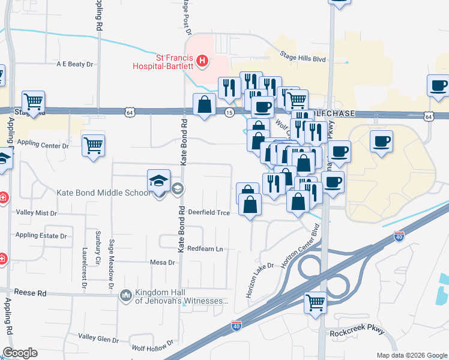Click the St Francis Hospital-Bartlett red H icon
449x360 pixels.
click(203, 61)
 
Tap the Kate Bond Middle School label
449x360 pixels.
click(103, 193)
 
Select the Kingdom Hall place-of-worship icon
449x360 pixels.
click(126, 295)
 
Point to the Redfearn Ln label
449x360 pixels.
click(205, 248)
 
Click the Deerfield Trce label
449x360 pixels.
click(209, 212)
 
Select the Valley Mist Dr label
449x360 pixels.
click(36, 212)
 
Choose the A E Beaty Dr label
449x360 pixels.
click(76, 64)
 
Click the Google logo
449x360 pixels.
click(20, 353)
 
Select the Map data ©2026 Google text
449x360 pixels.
click(411, 355)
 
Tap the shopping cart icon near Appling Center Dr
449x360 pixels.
click(94, 145)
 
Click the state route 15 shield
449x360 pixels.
click(229, 112)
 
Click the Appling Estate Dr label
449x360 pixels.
click(41, 235)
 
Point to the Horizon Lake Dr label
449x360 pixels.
click(259, 281)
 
